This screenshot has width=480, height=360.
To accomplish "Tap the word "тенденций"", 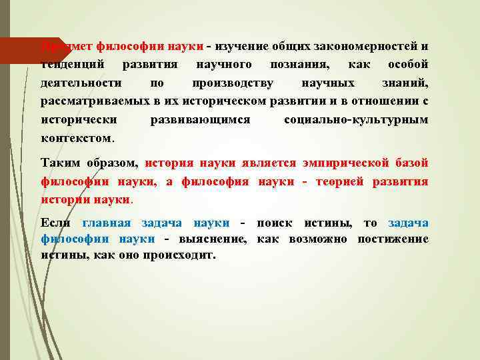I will [x=69, y=65].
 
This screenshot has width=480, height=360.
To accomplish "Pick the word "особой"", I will [x=408, y=65].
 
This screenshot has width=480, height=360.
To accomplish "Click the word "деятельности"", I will [x=81, y=83].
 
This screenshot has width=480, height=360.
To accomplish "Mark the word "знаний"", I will [x=407, y=83].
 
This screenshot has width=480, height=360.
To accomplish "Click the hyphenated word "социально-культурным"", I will [x=356, y=120].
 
